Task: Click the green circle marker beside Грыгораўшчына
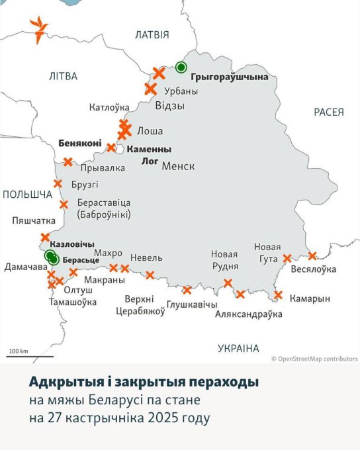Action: (181, 67)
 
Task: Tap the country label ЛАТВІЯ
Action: (152, 34)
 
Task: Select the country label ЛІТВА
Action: (63, 76)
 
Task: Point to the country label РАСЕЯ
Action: (329, 112)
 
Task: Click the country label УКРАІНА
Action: (238, 348)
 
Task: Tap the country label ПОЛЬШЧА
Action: (27, 194)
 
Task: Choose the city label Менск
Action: (178, 165)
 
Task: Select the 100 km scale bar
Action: (19, 355)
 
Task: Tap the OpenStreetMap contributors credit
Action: (314, 359)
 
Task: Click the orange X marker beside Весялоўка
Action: (312, 255)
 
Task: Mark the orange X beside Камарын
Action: (278, 295)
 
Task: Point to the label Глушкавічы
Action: (192, 304)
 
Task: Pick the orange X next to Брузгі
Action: (58, 183)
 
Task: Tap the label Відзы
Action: (169, 106)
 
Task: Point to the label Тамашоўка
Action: (73, 302)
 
